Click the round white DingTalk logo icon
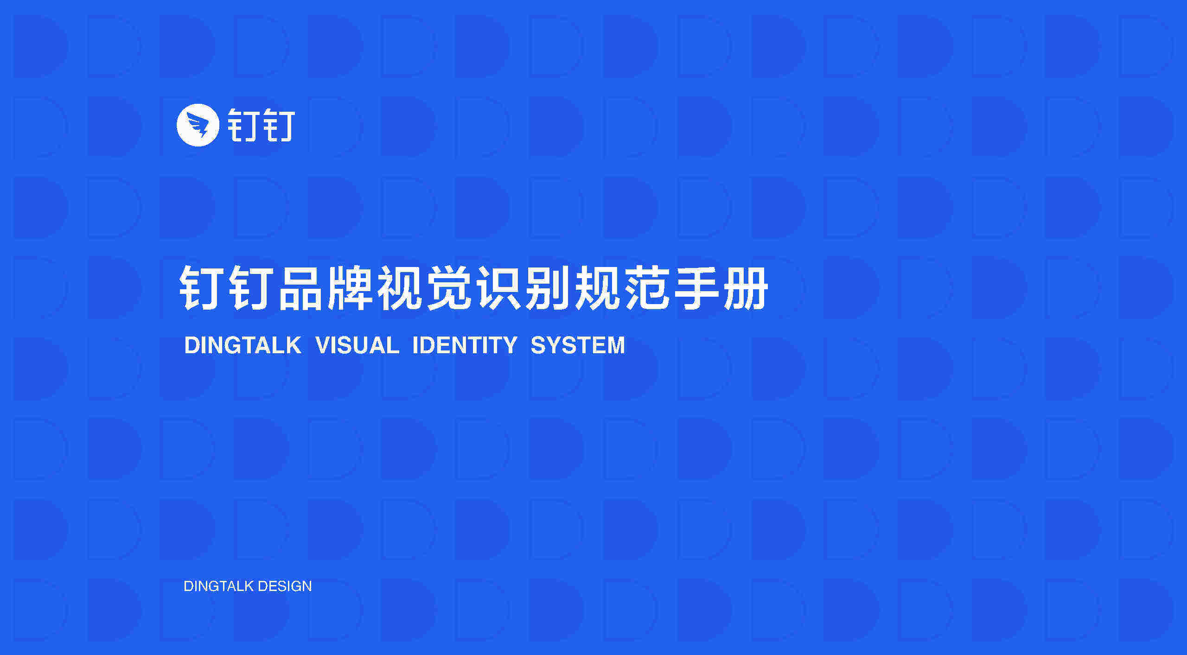click(x=198, y=125)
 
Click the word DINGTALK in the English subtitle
click(x=243, y=345)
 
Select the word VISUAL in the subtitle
click(x=357, y=345)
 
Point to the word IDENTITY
click(x=465, y=345)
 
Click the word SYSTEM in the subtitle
click(x=578, y=345)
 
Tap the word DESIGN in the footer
click(x=285, y=586)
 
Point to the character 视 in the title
click(x=400, y=288)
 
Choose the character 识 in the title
click(x=498, y=288)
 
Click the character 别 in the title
click(x=548, y=288)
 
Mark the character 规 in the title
click(x=597, y=288)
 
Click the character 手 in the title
click(x=696, y=288)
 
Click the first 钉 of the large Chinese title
click(x=202, y=288)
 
